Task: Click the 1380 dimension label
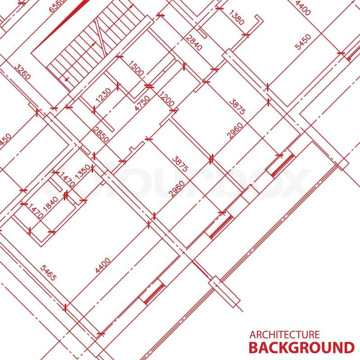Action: click(236, 18)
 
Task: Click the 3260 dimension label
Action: click(22, 72)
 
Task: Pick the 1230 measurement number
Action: click(103, 95)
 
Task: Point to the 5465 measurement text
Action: click(48, 273)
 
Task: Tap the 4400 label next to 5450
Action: click(302, 8)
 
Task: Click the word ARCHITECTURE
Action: click(284, 334)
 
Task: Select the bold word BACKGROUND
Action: click(301, 348)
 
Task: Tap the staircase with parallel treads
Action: click(76, 58)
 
